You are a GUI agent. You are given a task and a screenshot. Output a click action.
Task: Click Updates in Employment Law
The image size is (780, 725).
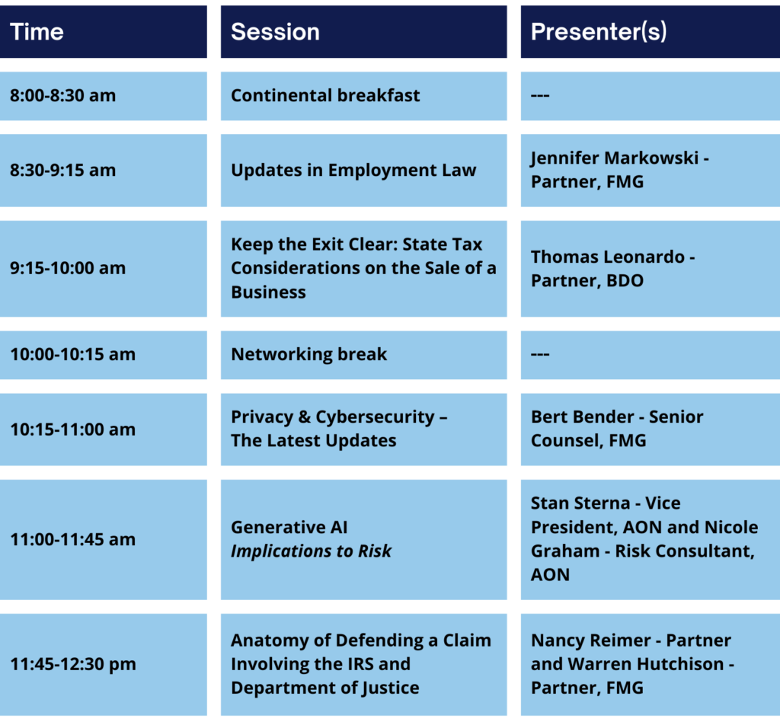pyautogui.click(x=353, y=171)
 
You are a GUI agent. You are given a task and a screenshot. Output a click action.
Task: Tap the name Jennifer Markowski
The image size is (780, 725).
pyautogui.click(x=615, y=158)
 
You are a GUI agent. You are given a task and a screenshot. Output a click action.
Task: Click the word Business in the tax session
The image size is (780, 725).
pyautogui.click(x=269, y=292)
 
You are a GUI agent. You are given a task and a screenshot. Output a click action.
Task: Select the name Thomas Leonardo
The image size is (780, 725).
pyautogui.click(x=608, y=257)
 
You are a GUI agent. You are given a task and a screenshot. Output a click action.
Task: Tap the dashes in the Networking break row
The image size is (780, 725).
pyautogui.click(x=540, y=355)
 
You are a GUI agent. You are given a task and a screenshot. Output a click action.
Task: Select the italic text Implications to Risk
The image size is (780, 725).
pyautogui.click(x=312, y=551)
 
